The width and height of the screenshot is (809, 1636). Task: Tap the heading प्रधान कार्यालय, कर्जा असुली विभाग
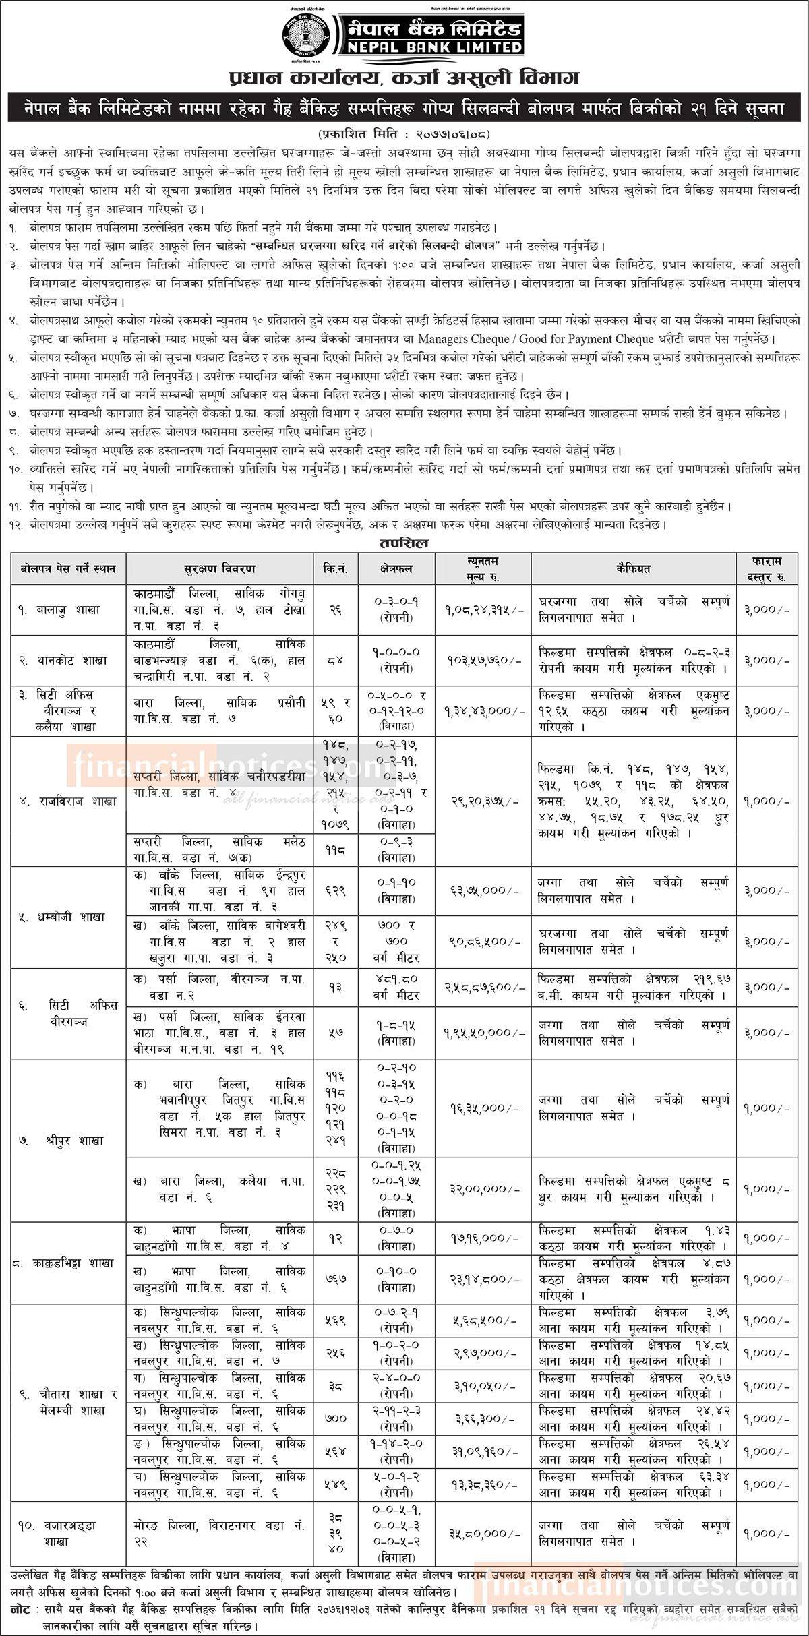(404, 80)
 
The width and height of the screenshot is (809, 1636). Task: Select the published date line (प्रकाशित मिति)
(404, 129)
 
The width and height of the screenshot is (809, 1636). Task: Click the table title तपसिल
(404, 542)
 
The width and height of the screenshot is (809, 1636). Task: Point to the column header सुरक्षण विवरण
(219, 569)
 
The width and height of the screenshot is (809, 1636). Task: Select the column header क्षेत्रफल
(396, 569)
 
